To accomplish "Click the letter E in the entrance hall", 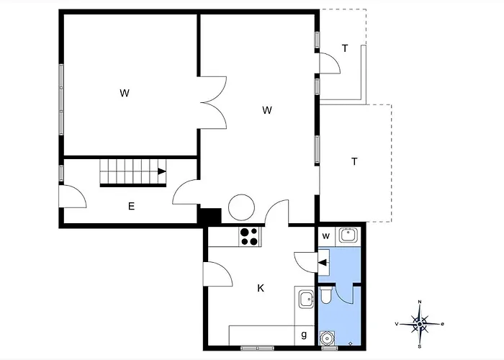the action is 131,206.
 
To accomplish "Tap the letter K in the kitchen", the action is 261,288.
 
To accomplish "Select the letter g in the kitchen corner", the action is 304,335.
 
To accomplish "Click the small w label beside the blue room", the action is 325,236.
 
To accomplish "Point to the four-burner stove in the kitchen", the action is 250,237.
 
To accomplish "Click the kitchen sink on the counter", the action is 306,299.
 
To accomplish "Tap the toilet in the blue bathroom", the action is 326,295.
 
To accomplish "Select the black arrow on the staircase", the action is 162,171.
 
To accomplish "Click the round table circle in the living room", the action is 241,207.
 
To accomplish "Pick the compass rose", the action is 420,324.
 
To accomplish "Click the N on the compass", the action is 420,302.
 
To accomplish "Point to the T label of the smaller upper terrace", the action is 345,48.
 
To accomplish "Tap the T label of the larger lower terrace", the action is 354,161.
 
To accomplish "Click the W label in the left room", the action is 125,93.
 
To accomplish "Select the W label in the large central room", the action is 267,110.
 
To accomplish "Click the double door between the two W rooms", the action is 213,102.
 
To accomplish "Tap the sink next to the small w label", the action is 348,235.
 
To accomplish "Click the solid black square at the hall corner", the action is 210,216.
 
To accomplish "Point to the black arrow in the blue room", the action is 323,263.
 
